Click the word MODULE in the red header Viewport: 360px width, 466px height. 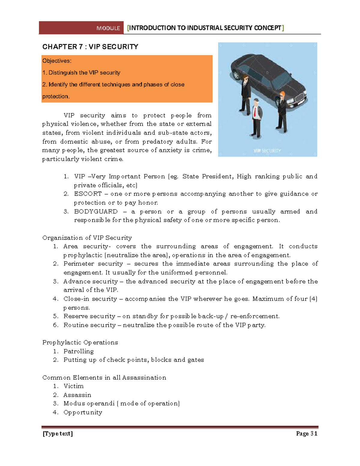pyautogui.click(x=108, y=28)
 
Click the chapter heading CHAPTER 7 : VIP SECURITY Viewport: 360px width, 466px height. pyautogui.click(x=90, y=47)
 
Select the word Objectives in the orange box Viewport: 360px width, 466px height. pyautogui.click(x=56, y=61)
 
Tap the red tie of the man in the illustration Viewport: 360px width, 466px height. pyautogui.click(x=255, y=112)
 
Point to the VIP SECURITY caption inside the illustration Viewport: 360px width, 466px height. pyautogui.click(x=267, y=151)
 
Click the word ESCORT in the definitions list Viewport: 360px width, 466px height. pyautogui.click(x=88, y=194)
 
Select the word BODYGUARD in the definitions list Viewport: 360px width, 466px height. pyautogui.click(x=96, y=212)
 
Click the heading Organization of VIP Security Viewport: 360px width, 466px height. pyautogui.click(x=87, y=238)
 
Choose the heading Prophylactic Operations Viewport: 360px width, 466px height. pyautogui.click(x=80, y=342)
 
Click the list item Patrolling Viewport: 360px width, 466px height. pyautogui.click(x=79, y=351)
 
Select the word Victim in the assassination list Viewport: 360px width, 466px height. pyautogui.click(x=73, y=386)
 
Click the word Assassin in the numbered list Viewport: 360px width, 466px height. pyautogui.click(x=77, y=395)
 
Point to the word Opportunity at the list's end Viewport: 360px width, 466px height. pyautogui.click(x=83, y=413)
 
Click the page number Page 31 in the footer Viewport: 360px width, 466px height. pyautogui.click(x=306, y=434)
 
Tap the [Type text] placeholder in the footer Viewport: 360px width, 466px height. pyautogui.click(x=58, y=434)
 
